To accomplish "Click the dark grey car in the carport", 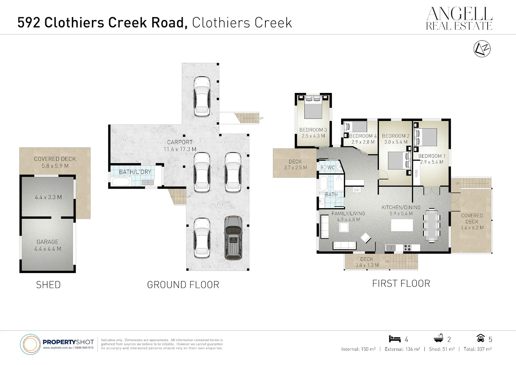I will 233,238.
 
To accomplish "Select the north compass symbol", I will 482,49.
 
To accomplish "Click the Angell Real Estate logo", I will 459,19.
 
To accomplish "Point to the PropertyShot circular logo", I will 30,344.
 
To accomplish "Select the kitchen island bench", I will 402,225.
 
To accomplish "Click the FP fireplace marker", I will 357,191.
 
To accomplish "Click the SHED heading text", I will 48,285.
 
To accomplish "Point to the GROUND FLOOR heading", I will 183,285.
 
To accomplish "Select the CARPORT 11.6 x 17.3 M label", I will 180,146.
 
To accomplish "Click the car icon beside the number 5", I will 480,339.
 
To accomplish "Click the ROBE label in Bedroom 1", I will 416,173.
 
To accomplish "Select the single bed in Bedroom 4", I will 356,127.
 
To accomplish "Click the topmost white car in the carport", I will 202,96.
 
